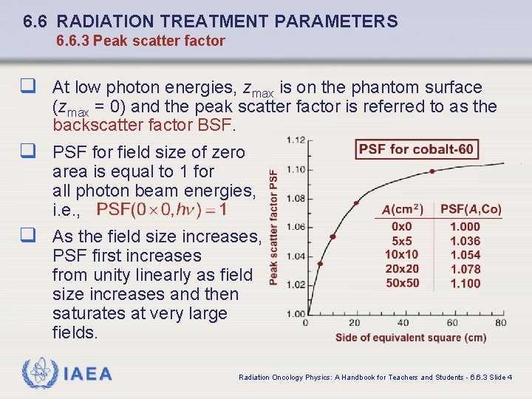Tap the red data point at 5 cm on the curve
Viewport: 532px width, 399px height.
[320, 264]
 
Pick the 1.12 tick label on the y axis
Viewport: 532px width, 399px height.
[297, 140]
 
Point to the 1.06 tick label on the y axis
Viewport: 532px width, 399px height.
[297, 227]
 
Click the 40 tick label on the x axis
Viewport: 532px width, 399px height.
[403, 323]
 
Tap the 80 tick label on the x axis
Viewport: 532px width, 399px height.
[501, 323]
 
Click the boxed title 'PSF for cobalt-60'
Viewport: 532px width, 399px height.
[417, 150]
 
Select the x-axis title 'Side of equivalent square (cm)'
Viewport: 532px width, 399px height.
[411, 338]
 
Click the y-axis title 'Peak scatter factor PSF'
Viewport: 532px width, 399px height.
[274, 228]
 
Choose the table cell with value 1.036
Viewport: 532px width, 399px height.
[465, 241]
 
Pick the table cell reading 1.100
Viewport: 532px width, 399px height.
[465, 283]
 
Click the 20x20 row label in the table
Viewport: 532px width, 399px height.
[402, 269]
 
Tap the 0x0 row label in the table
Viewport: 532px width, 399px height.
[402, 227]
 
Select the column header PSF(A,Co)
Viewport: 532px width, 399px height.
[471, 210]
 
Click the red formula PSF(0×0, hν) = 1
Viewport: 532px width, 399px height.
[162, 210]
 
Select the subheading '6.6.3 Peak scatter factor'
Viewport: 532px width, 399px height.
[140, 41]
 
